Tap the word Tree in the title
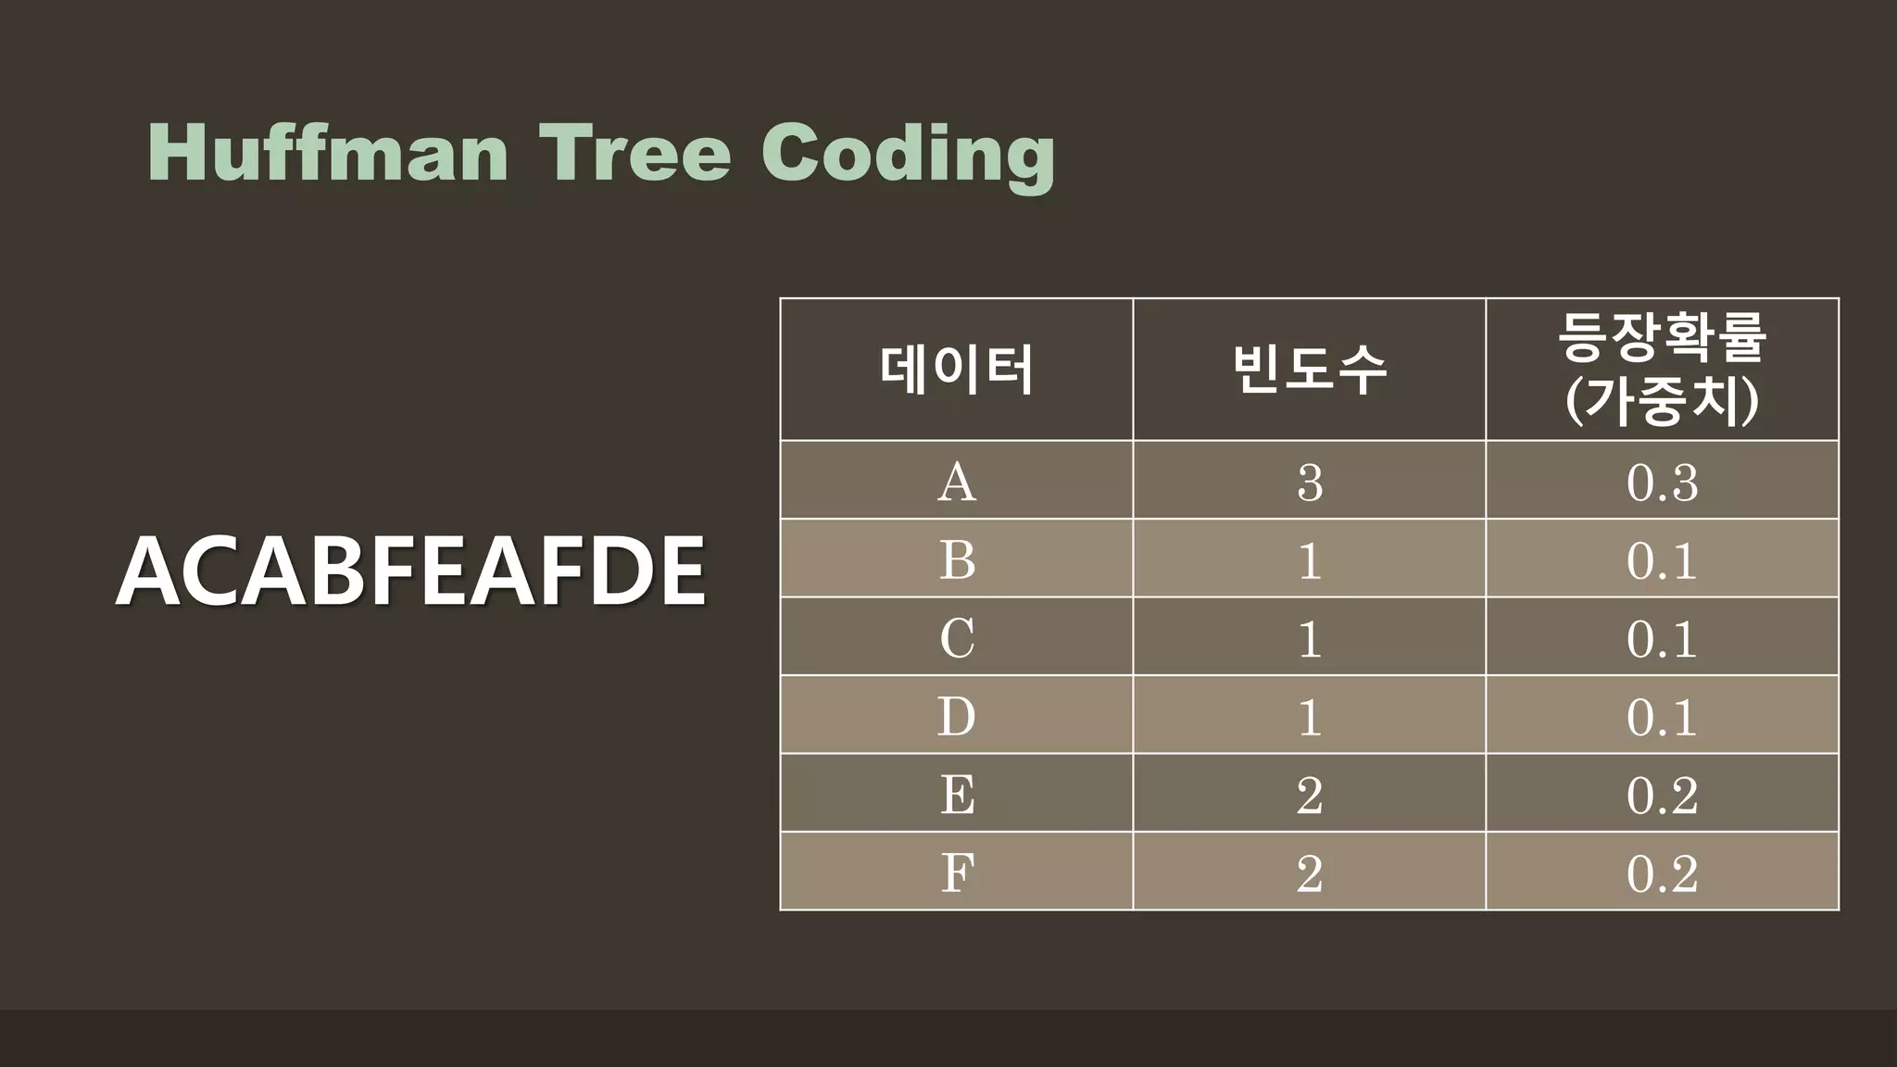635,153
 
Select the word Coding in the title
908,155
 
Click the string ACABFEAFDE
410,571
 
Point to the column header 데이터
956,370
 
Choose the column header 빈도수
1309,370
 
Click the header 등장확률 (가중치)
1662,370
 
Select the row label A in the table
957,482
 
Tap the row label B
957,559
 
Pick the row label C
957,638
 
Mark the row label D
957,716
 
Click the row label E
957,795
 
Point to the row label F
957,872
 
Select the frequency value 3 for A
1310,482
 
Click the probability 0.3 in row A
1662,482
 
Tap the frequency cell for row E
1310,795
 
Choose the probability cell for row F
1662,872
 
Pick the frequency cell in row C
1310,638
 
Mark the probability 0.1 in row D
1662,716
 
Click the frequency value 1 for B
1310,559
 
